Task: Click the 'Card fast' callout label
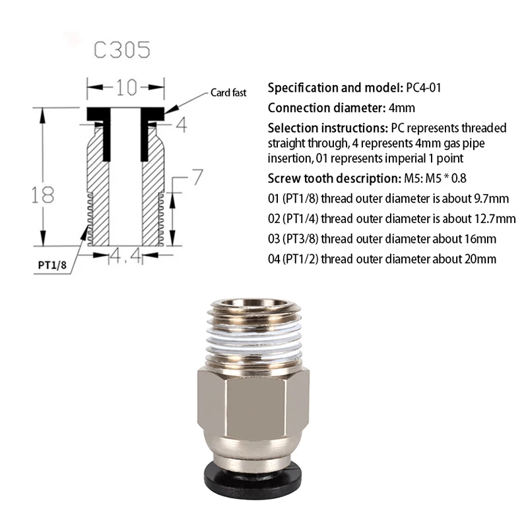tap(228, 93)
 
